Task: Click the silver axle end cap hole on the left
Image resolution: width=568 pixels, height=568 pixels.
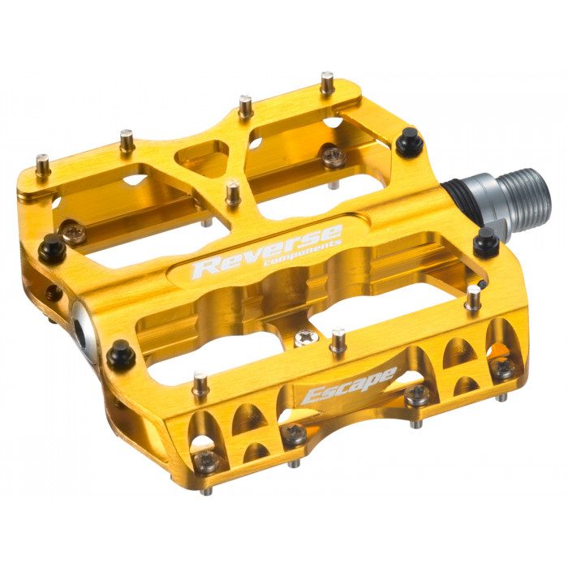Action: [x=87, y=322]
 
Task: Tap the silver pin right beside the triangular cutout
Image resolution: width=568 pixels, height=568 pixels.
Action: [x=233, y=193]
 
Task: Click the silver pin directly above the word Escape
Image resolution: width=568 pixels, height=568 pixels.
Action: [x=337, y=338]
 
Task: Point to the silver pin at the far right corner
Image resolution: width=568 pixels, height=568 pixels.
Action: [x=473, y=297]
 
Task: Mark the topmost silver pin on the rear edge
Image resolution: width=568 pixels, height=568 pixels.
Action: [x=327, y=82]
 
